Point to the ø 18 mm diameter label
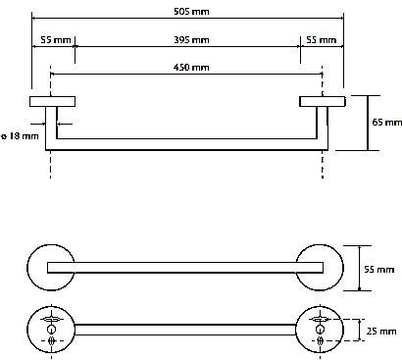(20, 135)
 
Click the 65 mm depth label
(387, 123)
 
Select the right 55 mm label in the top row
(322, 40)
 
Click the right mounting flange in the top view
(323, 101)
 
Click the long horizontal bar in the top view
(186, 142)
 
